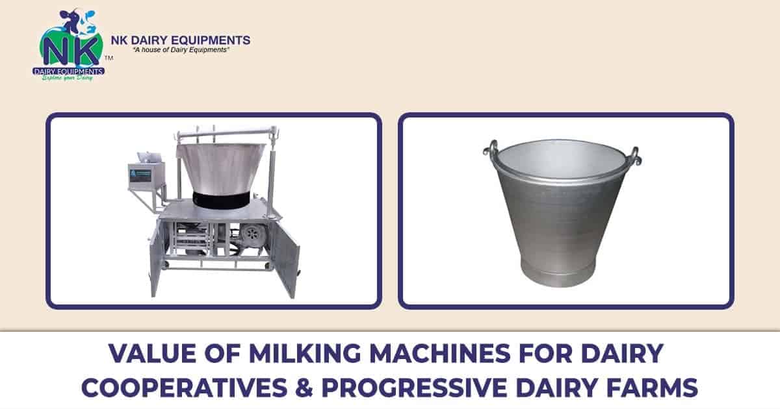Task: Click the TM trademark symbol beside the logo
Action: pyautogui.click(x=109, y=58)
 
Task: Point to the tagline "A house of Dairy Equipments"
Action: pyautogui.click(x=180, y=51)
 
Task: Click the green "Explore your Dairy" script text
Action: pyautogui.click(x=68, y=77)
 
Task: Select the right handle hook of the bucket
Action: pyautogui.click(x=634, y=156)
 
